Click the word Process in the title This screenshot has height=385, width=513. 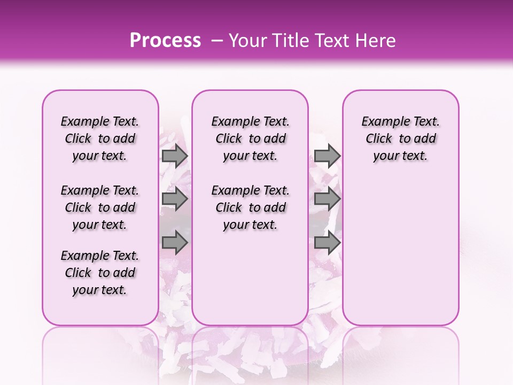[165, 41]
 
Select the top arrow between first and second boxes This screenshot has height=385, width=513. [174, 156]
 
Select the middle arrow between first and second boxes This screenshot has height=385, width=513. [174, 200]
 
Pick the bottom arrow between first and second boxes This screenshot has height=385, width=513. [174, 243]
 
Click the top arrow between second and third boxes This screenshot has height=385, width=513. [327, 156]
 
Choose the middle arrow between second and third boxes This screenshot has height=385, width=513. [327, 200]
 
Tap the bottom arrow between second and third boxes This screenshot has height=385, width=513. [327, 243]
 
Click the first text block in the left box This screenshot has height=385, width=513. [100, 139]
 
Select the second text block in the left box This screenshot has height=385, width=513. [100, 207]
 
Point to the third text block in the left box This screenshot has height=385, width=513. [100, 273]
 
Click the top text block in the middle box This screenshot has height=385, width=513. [250, 139]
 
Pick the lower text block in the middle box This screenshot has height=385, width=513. [250, 207]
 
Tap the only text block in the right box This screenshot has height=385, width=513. [400, 139]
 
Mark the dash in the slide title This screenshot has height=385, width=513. [217, 41]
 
